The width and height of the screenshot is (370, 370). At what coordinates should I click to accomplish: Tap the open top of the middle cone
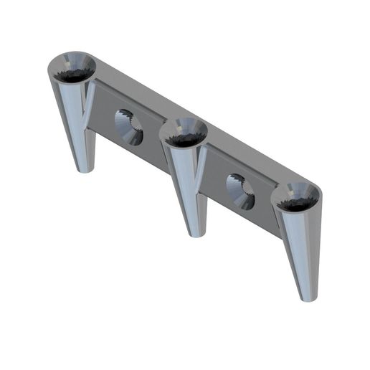[183, 133]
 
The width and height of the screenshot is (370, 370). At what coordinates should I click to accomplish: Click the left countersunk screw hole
[129, 127]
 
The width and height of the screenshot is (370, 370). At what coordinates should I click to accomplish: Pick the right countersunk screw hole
[240, 191]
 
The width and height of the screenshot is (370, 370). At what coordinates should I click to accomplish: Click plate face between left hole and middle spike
[154, 147]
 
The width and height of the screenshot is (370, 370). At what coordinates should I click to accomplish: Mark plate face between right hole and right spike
[266, 212]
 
